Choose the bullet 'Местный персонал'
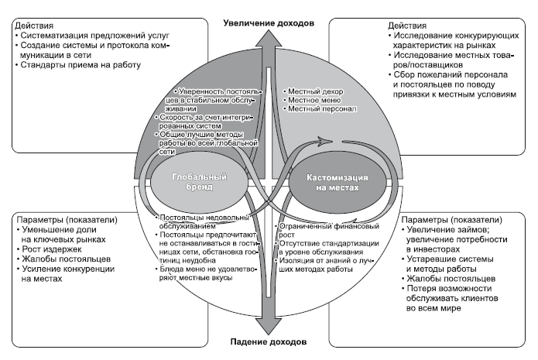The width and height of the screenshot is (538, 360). (x=317, y=110)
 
